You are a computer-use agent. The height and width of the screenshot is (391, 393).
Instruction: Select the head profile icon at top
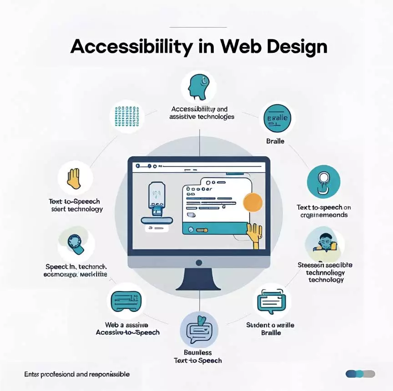click(198, 87)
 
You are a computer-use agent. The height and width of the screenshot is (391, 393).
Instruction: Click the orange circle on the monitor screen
click(253, 201)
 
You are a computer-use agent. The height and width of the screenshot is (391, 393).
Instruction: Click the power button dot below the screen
click(198, 262)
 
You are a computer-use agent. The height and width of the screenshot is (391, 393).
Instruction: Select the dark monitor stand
click(198, 280)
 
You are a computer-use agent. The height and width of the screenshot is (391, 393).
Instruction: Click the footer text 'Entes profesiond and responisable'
click(77, 374)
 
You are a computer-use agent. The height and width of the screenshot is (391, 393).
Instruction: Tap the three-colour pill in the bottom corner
click(360, 374)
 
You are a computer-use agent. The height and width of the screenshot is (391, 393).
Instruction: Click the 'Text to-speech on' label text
click(324, 207)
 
